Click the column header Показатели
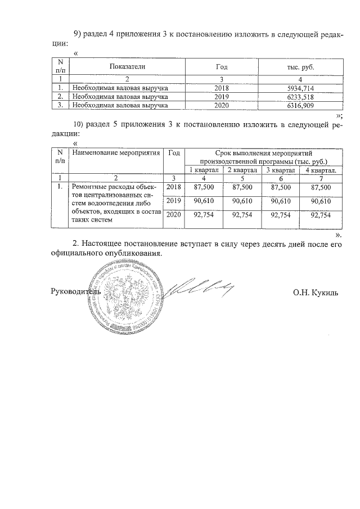click(128, 67)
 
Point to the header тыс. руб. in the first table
click(300, 67)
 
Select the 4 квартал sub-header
click(321, 170)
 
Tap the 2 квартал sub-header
click(242, 170)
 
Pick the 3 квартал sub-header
click(280, 170)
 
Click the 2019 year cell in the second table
click(173, 201)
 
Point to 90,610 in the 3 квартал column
click(281, 201)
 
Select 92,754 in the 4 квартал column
click(321, 215)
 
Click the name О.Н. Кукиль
click(315, 292)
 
